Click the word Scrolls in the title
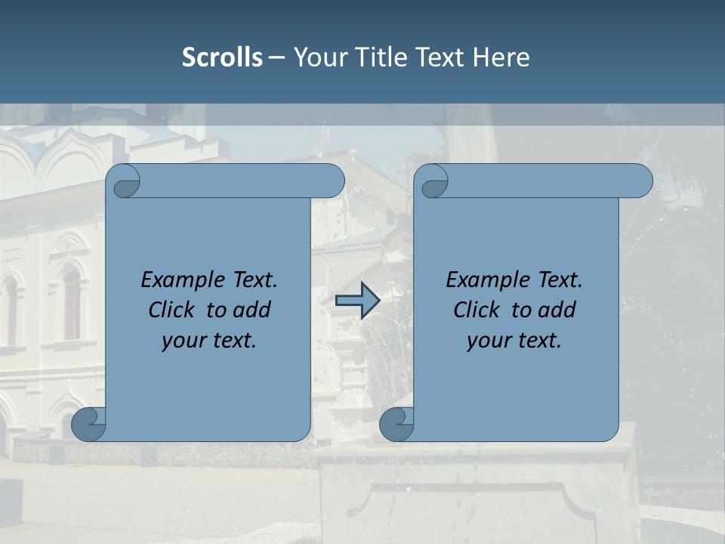(x=222, y=57)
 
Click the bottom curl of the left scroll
(x=88, y=424)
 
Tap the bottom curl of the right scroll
(x=396, y=424)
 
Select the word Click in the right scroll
(x=477, y=310)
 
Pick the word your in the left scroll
(x=182, y=341)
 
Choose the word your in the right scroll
(x=487, y=341)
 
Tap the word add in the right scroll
(x=558, y=310)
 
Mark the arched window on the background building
(x=71, y=302)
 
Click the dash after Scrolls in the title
(x=276, y=57)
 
